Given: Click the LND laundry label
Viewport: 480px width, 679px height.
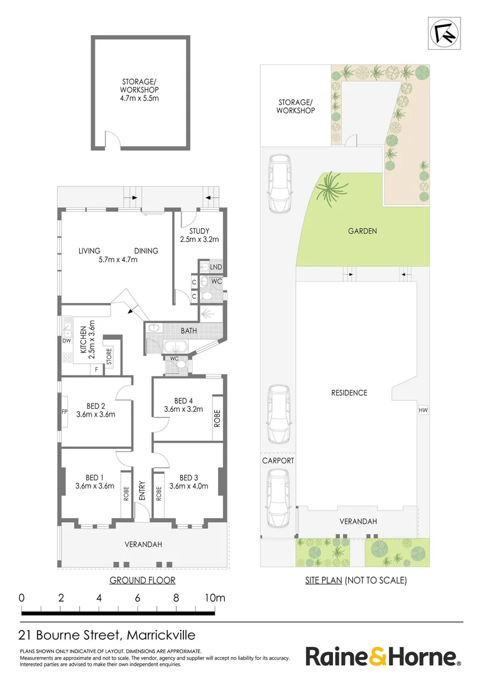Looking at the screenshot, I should click(215, 267).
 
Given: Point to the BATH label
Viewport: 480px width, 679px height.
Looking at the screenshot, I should click(188, 330).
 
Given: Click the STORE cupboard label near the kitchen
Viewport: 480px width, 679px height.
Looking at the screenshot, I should click(109, 356).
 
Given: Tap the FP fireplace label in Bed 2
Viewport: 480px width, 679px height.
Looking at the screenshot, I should click(64, 413).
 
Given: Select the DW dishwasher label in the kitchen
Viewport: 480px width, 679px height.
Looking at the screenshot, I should click(65, 341).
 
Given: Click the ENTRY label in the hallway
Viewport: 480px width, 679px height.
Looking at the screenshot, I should click(142, 491).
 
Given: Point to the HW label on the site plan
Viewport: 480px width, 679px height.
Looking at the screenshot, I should click(423, 411).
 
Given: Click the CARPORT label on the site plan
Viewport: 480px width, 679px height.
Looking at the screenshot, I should click(278, 461).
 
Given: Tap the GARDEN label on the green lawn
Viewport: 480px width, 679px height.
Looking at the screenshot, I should click(363, 231).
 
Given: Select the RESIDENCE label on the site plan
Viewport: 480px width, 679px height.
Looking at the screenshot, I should click(349, 393).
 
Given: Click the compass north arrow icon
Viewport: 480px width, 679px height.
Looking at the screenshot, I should click(443, 33).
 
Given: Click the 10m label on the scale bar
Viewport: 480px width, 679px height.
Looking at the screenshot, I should click(215, 598).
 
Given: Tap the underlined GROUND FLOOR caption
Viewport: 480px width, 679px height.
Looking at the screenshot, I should click(142, 580).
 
